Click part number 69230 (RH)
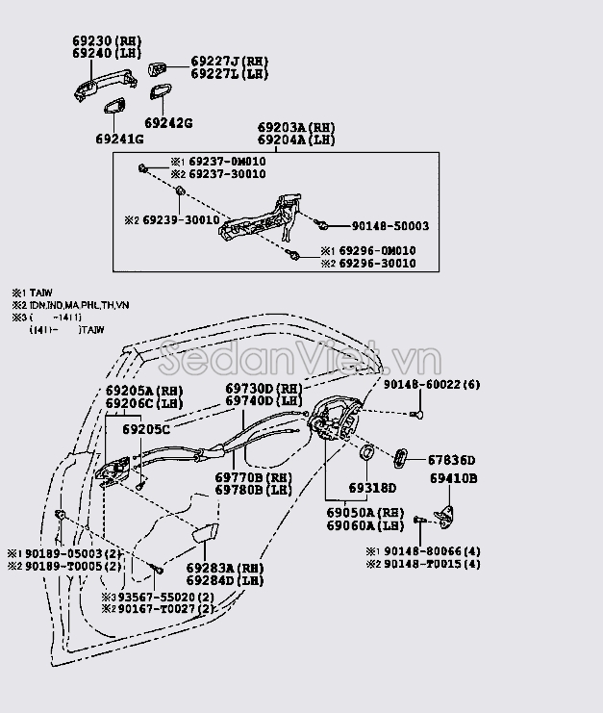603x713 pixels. (x=106, y=42)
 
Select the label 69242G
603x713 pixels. (x=169, y=123)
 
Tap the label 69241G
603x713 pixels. (x=119, y=140)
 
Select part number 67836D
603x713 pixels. (x=451, y=461)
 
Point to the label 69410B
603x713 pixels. (x=453, y=478)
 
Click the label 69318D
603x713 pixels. (x=372, y=488)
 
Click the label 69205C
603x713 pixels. (x=145, y=428)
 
